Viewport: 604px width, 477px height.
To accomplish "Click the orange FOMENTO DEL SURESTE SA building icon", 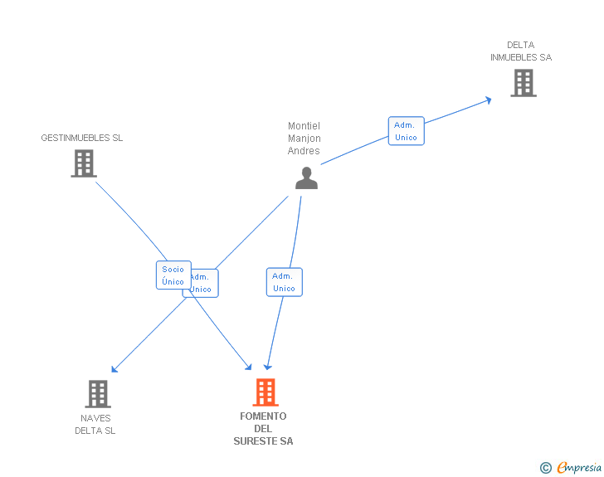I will click(265, 392).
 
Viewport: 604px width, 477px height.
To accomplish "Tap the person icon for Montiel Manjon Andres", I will click(306, 178).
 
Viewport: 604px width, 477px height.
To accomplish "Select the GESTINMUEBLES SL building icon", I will click(83, 163).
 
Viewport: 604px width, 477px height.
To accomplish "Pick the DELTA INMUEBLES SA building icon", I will click(523, 83).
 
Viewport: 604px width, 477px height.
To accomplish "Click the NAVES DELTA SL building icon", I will click(98, 393).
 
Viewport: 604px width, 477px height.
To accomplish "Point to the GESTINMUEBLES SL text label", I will click(82, 138).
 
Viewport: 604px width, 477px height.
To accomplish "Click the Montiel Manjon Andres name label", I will click(304, 139).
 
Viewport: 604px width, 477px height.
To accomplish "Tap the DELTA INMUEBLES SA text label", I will click(520, 51).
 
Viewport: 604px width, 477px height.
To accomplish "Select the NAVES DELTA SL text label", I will click(95, 424).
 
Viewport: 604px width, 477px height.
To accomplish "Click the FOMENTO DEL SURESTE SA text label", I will click(263, 428).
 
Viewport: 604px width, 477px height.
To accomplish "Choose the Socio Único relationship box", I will click(173, 275).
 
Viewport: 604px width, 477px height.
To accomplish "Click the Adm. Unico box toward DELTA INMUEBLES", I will click(406, 131).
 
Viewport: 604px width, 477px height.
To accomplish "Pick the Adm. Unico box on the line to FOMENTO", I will click(284, 282).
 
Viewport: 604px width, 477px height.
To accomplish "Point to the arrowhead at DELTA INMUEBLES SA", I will click(489, 100).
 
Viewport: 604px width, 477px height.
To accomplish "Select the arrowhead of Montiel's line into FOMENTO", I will click(267, 367).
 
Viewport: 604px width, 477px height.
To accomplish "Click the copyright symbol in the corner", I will click(545, 468).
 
